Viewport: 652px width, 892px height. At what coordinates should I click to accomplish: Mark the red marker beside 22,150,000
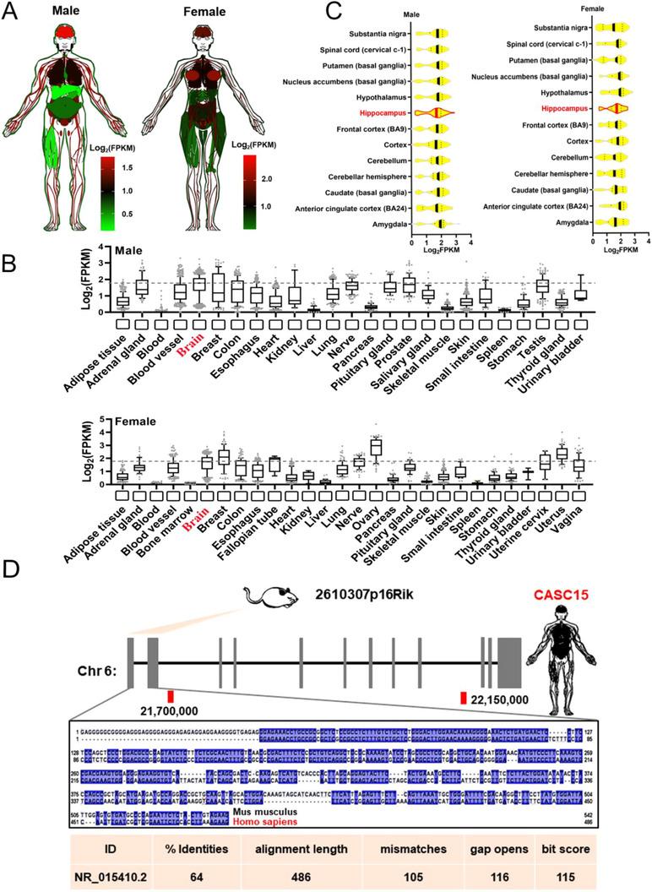pos(464,697)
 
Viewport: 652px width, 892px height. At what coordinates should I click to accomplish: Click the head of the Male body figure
pos(70,35)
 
